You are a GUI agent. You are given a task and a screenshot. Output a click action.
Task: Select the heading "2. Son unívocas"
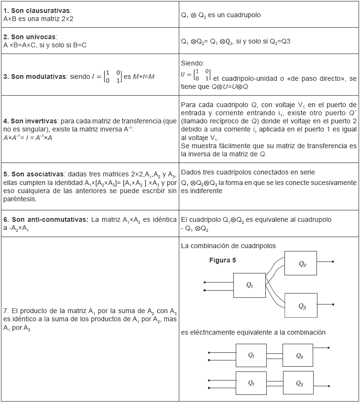point(30,37)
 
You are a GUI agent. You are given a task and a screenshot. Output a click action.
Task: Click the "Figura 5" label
point(222,261)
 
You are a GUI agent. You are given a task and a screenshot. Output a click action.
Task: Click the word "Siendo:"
point(193,63)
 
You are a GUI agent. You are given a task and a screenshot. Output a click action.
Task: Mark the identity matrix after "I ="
point(113,76)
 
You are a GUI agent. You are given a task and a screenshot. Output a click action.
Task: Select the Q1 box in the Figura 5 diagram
point(249,285)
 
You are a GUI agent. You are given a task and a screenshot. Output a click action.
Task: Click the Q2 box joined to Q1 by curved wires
point(301,263)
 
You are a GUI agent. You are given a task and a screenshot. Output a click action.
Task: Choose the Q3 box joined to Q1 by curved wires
point(301,305)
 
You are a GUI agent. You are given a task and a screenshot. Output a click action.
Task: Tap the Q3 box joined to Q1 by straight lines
point(298,383)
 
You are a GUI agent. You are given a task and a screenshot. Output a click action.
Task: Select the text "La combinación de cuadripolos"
point(228,246)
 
